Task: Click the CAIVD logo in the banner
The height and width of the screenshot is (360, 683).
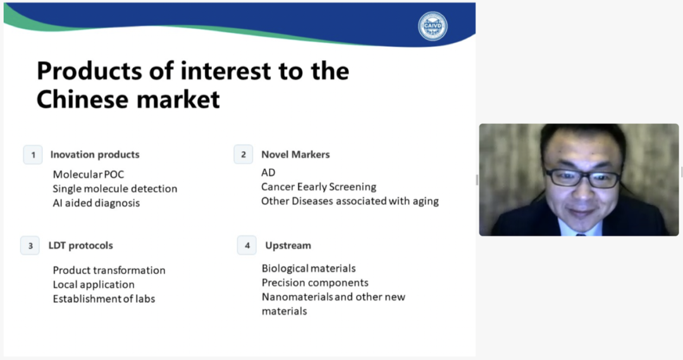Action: click(433, 26)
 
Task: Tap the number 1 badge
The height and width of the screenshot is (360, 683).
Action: click(33, 155)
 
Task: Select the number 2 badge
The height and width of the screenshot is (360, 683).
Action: click(243, 154)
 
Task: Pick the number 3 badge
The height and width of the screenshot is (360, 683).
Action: click(30, 245)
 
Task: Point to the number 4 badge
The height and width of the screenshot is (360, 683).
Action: click(247, 245)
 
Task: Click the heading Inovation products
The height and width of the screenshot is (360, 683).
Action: click(95, 154)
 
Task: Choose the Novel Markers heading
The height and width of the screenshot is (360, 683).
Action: click(295, 154)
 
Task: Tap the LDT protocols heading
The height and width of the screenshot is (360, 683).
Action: click(80, 245)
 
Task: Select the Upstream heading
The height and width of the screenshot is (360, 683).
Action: click(288, 245)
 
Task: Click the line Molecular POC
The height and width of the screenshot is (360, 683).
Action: click(89, 175)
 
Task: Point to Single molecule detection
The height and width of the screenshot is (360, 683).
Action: click(115, 189)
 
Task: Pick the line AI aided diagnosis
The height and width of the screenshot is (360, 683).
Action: click(96, 203)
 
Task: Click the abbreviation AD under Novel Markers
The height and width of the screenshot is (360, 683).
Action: click(268, 173)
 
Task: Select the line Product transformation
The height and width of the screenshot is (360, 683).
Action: click(109, 270)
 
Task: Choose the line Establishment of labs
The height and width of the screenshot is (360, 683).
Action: click(104, 299)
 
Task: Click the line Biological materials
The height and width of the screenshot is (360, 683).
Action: click(309, 268)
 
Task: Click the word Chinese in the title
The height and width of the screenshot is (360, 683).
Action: click(82, 99)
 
